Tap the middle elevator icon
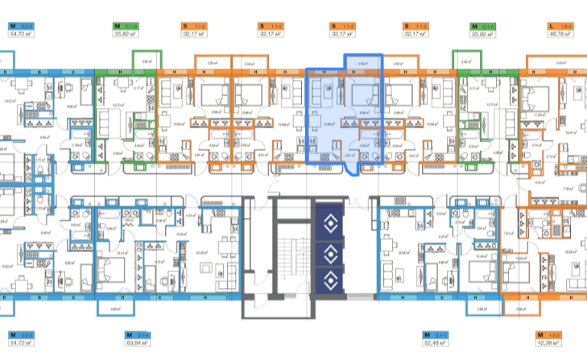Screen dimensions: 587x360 (331, 252)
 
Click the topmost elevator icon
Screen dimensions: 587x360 (331, 224)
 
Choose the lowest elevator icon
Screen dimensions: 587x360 (331, 281)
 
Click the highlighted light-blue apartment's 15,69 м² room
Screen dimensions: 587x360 (331, 122)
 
